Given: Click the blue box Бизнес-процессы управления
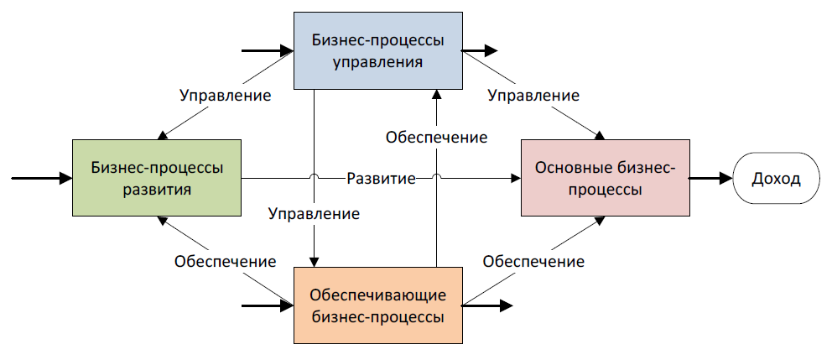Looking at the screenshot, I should pos(377,50).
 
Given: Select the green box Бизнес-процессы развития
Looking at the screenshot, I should pos(158,178).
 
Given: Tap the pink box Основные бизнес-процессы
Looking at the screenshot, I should pos(605,178).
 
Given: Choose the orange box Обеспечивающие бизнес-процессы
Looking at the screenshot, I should pos(377,305).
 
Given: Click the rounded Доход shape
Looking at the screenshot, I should pos(776,178).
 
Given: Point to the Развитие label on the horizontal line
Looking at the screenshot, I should pos(381,179).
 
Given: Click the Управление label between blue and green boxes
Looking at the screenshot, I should pos(226,95).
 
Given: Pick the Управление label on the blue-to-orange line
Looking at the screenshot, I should pos(314,213).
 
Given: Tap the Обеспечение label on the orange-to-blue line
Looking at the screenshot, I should pos(436,137).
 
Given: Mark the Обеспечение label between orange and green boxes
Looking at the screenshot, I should pos(226,261).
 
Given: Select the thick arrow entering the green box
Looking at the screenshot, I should pos(42,178).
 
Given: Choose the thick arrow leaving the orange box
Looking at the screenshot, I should pos(486,305).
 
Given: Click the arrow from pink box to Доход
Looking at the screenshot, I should pos(710,178).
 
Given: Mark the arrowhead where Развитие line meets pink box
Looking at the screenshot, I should pos(515,178).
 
